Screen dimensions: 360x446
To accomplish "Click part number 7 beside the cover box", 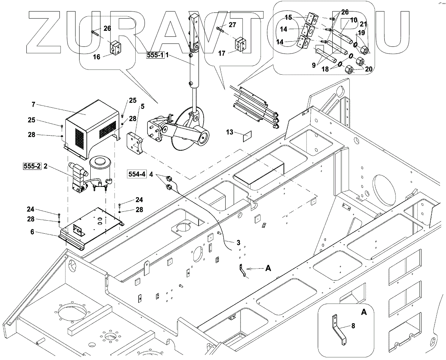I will click(x=33, y=105).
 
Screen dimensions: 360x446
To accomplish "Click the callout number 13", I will click(x=230, y=132).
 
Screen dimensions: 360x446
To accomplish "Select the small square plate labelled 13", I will click(x=247, y=136).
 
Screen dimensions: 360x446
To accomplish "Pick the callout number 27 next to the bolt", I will click(x=232, y=25).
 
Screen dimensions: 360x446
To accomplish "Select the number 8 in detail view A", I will click(x=353, y=326).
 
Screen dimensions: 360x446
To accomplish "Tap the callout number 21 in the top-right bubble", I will click(x=364, y=25).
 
